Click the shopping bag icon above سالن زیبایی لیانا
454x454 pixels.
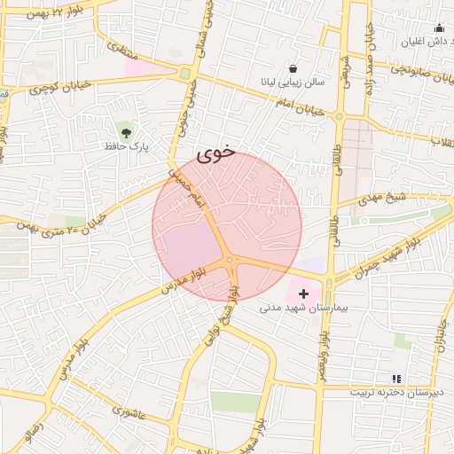coord(293,68)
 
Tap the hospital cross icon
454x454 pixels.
coord(303,293)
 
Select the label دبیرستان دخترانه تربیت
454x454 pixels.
coord(392,392)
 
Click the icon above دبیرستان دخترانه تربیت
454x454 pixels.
coord(396,379)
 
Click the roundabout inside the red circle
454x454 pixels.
coord(229,260)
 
